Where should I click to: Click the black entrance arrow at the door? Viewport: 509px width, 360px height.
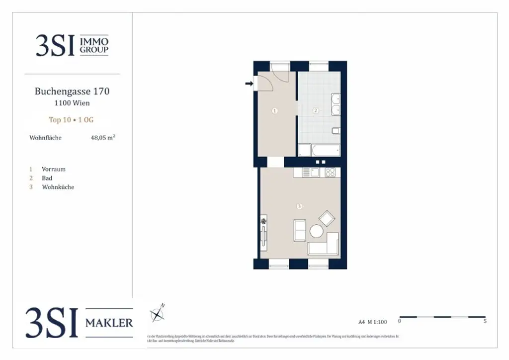(249, 84)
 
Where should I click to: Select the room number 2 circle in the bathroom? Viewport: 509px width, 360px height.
(315, 111)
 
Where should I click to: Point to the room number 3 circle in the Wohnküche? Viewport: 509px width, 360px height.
(299, 206)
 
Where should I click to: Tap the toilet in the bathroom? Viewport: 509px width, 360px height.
(336, 131)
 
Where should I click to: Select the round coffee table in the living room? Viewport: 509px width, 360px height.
(316, 231)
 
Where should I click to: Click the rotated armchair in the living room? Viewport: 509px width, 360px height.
(327, 218)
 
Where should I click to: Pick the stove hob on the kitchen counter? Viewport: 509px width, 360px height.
(330, 173)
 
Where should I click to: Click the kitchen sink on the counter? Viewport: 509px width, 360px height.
(315, 173)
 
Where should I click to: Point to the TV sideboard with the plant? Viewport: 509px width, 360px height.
(263, 233)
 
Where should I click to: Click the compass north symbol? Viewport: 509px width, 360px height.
(158, 314)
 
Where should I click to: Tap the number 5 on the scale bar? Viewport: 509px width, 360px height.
(485, 321)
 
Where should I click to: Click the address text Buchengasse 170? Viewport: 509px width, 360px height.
(72, 91)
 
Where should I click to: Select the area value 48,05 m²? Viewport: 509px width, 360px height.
(103, 138)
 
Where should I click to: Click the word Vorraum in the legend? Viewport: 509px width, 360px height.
(54, 169)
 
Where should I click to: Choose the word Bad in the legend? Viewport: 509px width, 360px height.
(47, 178)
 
